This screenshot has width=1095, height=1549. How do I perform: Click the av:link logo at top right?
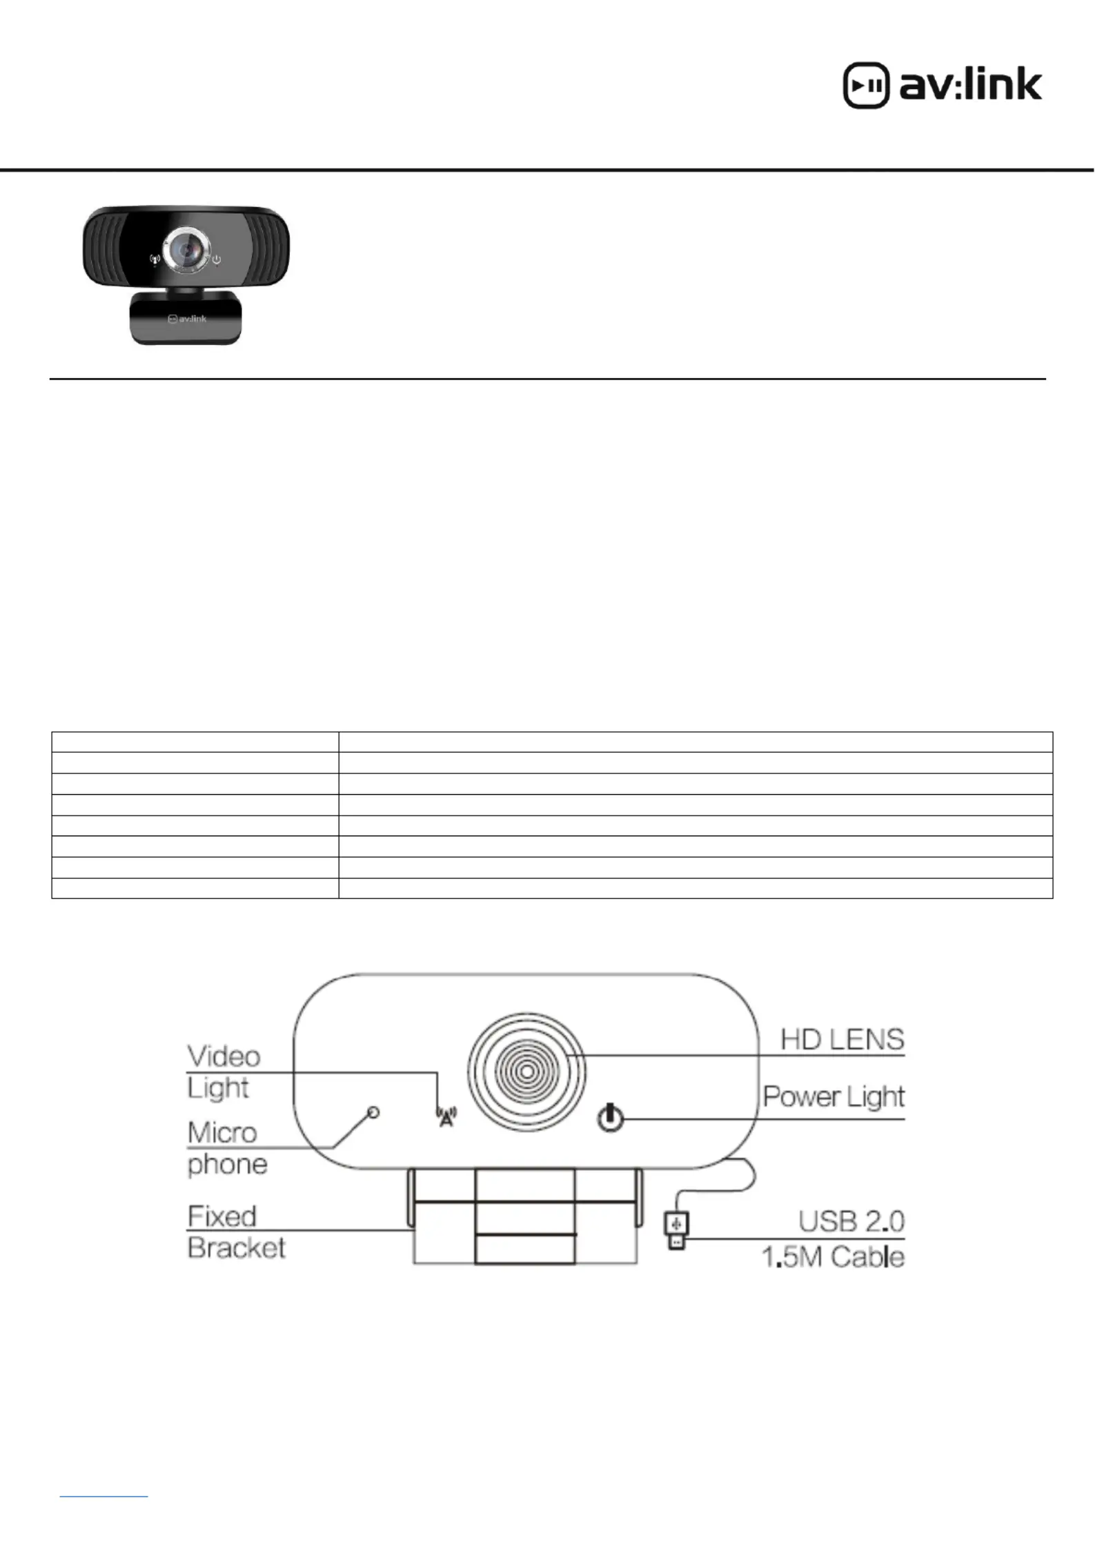tap(943, 86)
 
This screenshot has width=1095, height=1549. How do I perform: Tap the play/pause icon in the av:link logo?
tap(866, 86)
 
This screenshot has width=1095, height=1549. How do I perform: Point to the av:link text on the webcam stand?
tap(188, 319)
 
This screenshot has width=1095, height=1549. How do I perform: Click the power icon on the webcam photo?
tap(217, 260)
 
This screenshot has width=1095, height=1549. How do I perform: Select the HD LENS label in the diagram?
tap(842, 1039)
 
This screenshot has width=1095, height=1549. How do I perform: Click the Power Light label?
tap(833, 1096)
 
